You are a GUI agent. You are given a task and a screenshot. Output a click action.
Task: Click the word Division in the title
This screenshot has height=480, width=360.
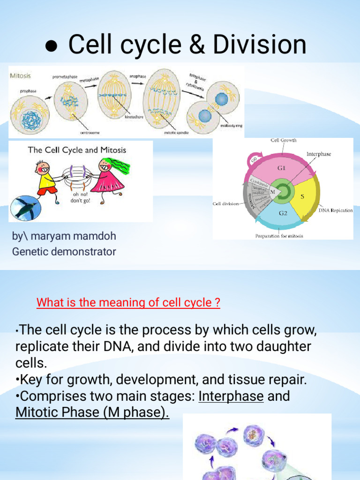[x=259, y=45]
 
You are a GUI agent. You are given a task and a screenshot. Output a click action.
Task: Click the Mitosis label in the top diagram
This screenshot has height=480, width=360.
[x=21, y=74]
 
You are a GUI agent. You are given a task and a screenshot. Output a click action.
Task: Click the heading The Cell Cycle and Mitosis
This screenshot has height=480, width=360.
[x=77, y=150]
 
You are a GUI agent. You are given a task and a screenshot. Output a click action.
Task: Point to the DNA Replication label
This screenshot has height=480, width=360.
[x=336, y=210]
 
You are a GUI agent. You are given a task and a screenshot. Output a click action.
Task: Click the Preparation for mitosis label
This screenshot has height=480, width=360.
[x=279, y=236]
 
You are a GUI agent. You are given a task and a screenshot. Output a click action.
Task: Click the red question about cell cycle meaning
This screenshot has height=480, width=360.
[x=128, y=303]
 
